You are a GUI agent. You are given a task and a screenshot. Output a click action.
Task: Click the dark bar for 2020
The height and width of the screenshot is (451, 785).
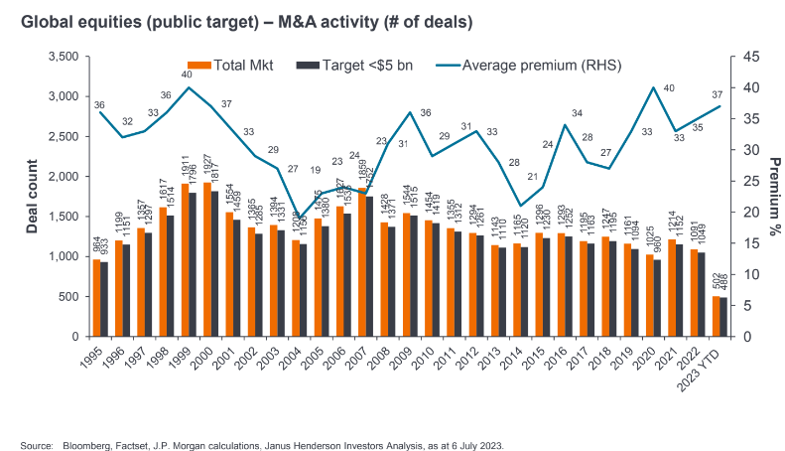tap(657, 298)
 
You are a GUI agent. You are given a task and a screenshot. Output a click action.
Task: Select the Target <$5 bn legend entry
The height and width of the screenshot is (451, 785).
tap(355, 66)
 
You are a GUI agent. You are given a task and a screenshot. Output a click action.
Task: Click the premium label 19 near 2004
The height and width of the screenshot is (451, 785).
tap(315, 170)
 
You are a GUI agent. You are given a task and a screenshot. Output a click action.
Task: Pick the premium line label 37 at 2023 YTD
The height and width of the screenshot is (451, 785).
tap(716, 94)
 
